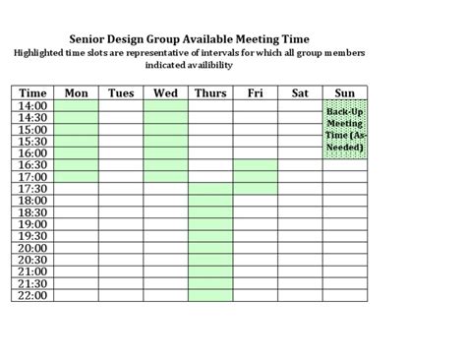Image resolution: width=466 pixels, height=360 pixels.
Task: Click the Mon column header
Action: point(76,93)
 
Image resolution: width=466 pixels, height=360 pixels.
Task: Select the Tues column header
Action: point(120,93)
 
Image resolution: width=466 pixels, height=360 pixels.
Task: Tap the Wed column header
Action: point(165,93)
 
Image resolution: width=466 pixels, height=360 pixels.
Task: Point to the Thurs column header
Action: point(210,93)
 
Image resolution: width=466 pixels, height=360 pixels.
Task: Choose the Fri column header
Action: point(255,93)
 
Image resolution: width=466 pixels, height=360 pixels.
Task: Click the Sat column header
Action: point(300,93)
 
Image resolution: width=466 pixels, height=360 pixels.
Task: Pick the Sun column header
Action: point(344,93)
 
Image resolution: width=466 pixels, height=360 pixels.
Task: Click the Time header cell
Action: point(32,93)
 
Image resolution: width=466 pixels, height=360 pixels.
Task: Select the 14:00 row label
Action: point(32,105)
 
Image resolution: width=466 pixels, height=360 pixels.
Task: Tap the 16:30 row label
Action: point(32,164)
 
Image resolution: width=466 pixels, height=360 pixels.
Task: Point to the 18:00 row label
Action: point(32,200)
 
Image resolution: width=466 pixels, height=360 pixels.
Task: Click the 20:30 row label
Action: point(32,259)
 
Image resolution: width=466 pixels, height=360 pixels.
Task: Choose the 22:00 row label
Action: point(32,294)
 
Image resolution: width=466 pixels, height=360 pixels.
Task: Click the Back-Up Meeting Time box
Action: point(344,129)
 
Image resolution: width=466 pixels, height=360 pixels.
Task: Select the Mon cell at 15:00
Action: point(76,129)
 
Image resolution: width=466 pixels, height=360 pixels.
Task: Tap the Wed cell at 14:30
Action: point(165,117)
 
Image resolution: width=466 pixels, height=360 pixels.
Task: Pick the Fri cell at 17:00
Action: point(255,176)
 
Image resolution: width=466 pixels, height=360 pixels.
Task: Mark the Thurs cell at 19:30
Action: point(210,235)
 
